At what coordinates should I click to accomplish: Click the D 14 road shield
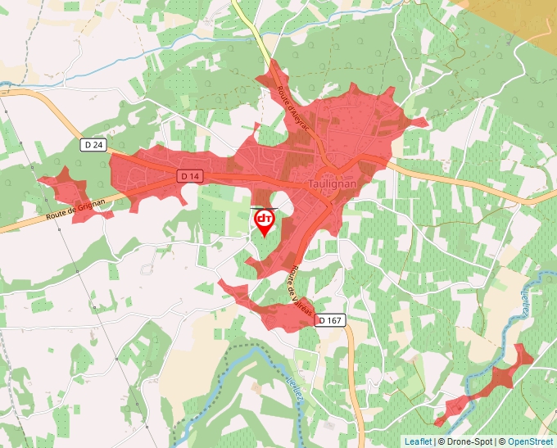[190, 176]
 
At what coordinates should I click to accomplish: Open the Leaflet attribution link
[418, 441]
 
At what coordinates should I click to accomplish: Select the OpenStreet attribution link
[530, 441]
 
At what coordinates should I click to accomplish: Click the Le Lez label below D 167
[296, 386]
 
